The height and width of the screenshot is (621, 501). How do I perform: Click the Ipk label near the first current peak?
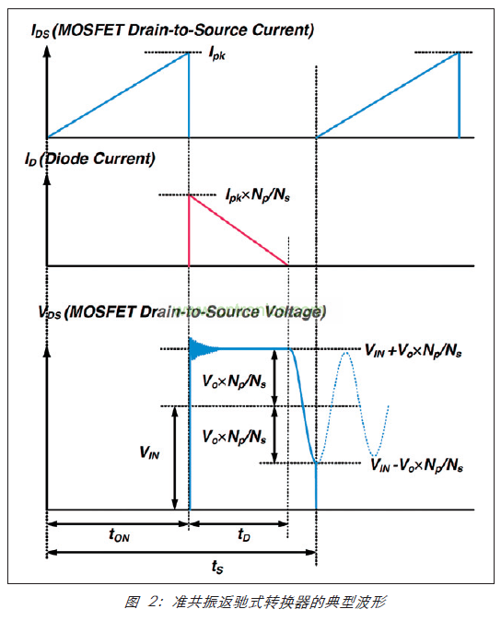216,53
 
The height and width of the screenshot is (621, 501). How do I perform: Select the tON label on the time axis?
119,535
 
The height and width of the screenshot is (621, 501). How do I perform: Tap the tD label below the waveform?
244,534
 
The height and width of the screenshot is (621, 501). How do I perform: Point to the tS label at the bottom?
217,567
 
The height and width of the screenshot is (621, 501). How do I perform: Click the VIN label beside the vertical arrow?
149,452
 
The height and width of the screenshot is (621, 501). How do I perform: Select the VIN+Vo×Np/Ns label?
413,350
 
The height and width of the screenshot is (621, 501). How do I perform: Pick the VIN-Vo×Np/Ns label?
416,464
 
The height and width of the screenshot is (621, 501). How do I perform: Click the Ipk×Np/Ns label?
258,194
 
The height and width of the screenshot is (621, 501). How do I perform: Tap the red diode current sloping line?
238,229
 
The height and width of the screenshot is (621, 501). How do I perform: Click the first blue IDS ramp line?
118,95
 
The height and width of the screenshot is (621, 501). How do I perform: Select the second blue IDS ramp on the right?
388,95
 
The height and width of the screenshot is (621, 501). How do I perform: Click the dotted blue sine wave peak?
346,352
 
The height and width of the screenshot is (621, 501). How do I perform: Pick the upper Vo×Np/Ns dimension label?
234,381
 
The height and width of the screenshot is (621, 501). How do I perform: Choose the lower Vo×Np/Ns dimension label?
234,437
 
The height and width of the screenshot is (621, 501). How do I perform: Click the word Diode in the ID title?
66,158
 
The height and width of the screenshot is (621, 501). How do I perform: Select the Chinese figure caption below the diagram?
255,602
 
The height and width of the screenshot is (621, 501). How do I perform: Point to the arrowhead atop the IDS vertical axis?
47,52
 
